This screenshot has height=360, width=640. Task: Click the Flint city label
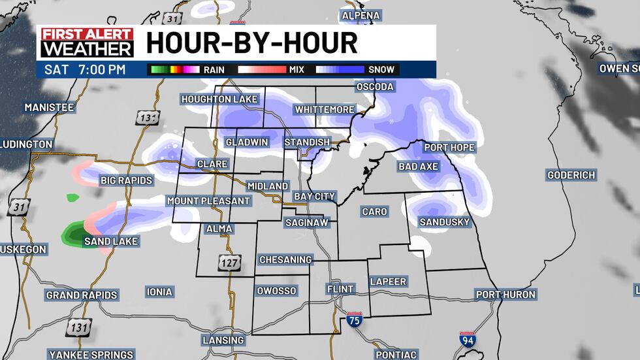pyautogui.click(x=340, y=289)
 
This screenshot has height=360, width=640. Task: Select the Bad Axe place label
pyautogui.click(x=418, y=167)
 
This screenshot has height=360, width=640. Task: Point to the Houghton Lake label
pyautogui.click(x=220, y=99)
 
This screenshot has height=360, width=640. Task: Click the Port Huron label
pyautogui.click(x=505, y=295)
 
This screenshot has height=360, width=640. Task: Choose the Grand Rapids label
pyautogui.click(x=82, y=295)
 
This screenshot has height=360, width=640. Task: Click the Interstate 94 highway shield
pyautogui.click(x=468, y=339)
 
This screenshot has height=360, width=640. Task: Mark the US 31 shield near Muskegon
pyautogui.click(x=18, y=208)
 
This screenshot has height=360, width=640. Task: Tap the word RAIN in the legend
pyautogui.click(x=215, y=69)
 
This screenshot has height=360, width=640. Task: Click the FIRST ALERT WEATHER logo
pyautogui.click(x=87, y=42)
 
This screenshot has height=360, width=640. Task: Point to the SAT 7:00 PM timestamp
pyautogui.click(x=84, y=69)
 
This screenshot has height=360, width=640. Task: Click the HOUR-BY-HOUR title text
pyautogui.click(x=251, y=43)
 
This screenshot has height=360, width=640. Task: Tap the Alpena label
pyautogui.click(x=361, y=15)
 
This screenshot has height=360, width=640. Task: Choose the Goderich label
pyautogui.click(x=571, y=175)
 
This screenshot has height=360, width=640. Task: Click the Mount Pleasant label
pyautogui.click(x=208, y=201)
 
